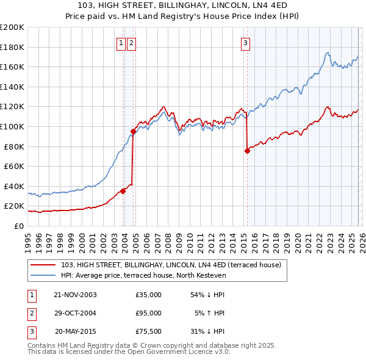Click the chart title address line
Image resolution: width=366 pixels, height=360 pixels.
[x=183, y=5]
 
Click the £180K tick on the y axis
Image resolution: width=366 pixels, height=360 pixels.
[x=12, y=47]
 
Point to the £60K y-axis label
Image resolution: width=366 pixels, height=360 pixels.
[x=14, y=166]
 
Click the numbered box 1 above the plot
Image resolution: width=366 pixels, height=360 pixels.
[x=121, y=43]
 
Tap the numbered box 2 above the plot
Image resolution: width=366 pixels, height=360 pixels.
[x=131, y=43]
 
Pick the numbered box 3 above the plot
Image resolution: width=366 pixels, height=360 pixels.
[x=245, y=43]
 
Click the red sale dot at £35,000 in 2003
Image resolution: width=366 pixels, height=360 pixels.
[x=123, y=191]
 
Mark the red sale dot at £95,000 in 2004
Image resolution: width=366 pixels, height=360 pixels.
[x=133, y=131]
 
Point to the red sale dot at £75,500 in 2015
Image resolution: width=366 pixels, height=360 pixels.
[x=247, y=151]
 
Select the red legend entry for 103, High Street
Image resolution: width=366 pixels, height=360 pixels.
[x=171, y=265]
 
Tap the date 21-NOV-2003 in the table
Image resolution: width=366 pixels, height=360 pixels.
[x=75, y=295]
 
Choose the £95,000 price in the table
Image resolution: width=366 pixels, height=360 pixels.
[x=148, y=313]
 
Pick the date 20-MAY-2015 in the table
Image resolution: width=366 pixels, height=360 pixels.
[x=76, y=331]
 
